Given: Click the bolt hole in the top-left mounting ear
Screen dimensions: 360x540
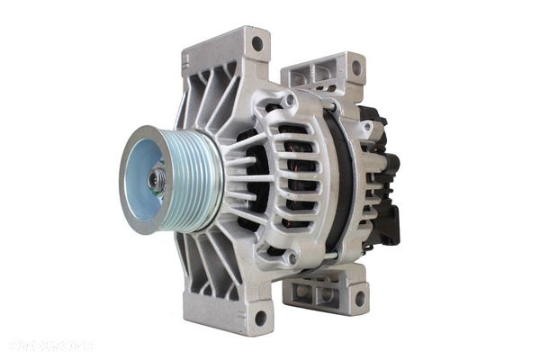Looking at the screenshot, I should click(x=257, y=42).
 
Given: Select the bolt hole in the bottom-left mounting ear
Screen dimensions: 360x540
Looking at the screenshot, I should click(x=260, y=317).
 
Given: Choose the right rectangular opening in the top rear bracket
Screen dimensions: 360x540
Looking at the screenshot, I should click(x=327, y=73).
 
